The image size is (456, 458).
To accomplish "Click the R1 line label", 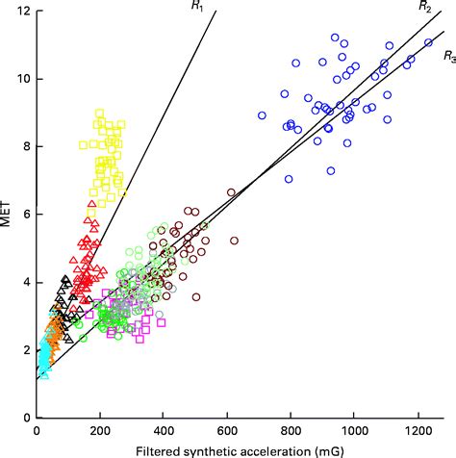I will point(197,7).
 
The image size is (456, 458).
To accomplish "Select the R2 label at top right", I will point(424,7).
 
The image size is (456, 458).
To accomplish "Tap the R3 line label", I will point(448,58).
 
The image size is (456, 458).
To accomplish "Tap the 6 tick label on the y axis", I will point(24,215).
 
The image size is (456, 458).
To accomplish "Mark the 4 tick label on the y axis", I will point(24,282).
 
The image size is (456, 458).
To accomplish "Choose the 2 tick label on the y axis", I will point(24,350).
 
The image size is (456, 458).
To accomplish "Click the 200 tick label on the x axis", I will point(100,431).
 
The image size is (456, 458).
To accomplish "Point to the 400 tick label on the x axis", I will point(164,431).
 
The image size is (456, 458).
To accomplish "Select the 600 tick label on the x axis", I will point(227,431).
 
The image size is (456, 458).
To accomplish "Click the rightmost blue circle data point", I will point(428,43).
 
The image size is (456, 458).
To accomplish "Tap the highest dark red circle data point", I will point(231,192).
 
